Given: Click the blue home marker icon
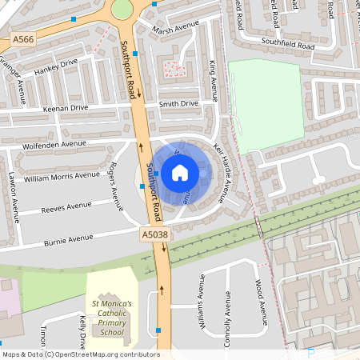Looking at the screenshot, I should click(180, 172).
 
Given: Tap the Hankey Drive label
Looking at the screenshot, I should click(56, 70).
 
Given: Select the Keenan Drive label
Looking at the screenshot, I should click(66, 107).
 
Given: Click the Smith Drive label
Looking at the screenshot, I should click(178, 104).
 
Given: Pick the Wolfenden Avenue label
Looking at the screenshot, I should click(54, 144).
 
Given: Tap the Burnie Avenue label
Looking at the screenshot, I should click(69, 238).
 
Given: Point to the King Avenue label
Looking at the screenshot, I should click(213, 80).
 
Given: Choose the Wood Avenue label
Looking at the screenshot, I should click(258, 298).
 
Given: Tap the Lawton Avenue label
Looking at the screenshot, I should click(14, 199).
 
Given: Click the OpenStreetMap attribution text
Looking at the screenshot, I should click(81, 354).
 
